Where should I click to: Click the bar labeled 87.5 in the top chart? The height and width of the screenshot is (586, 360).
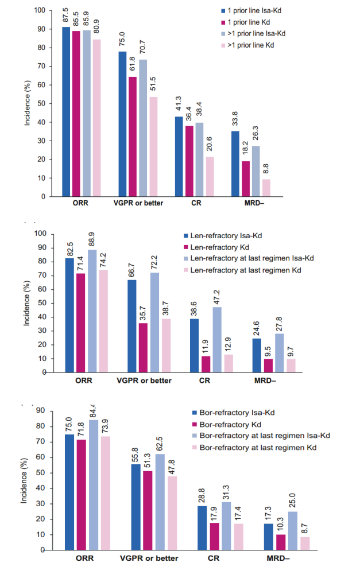click(66, 112)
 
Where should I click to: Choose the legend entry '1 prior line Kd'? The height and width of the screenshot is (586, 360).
click(249, 22)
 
